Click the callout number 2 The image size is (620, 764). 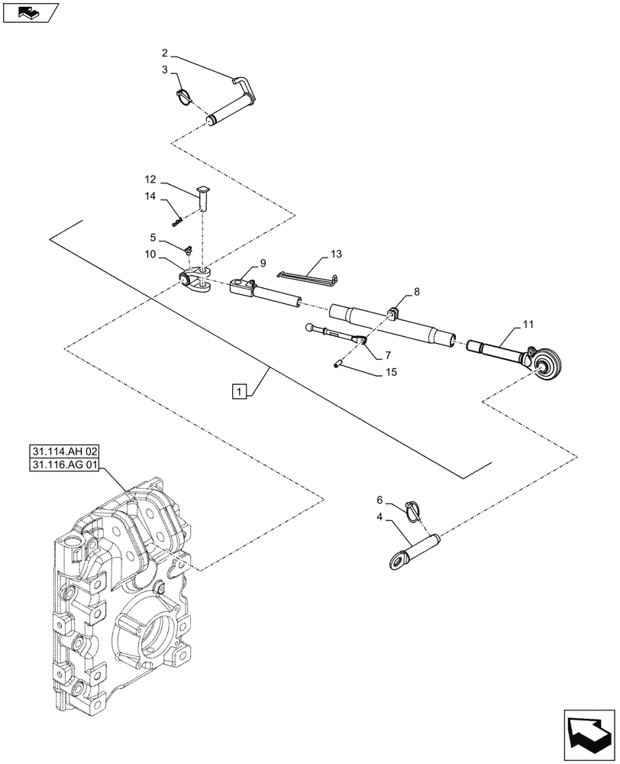(165, 53)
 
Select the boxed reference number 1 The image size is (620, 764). (240, 392)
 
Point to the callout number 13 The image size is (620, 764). (337, 253)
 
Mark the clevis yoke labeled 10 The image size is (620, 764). (197, 280)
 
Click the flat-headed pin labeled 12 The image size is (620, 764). (203, 196)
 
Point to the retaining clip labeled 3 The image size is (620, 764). (183, 95)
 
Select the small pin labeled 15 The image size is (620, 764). (337, 364)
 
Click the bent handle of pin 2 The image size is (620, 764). (246, 86)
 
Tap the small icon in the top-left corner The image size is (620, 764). (29, 11)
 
